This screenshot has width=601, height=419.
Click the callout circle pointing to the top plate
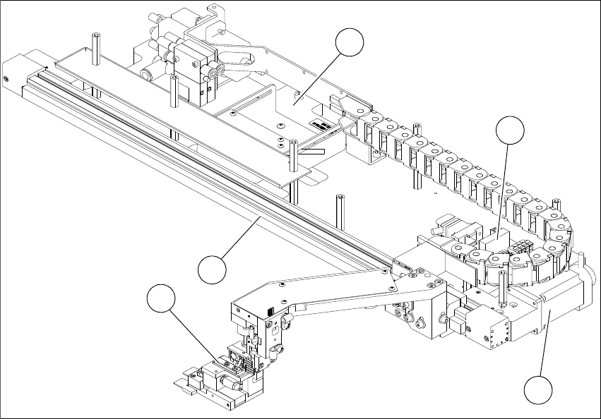coord(350,44)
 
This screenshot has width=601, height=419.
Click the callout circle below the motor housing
coord(540,391)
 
